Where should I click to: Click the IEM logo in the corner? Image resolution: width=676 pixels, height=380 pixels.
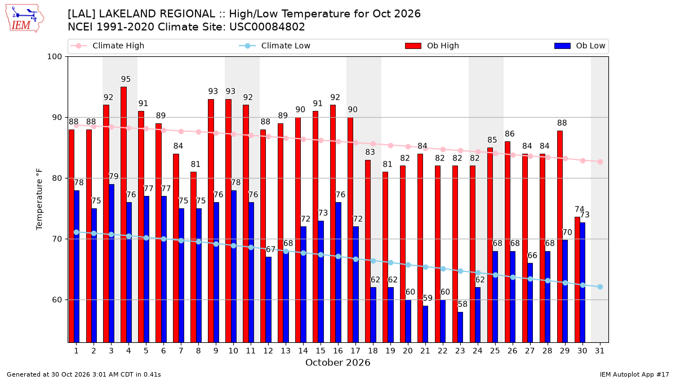tap(24, 19)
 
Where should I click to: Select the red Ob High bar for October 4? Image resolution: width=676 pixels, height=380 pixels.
tap(123, 214)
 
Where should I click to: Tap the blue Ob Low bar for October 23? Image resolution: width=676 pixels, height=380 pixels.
tap(460, 327)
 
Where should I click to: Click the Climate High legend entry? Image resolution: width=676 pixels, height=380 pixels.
tap(108, 46)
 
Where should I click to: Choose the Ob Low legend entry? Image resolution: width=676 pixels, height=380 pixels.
tap(580, 46)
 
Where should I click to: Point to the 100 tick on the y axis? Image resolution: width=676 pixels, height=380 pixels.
tap(54, 57)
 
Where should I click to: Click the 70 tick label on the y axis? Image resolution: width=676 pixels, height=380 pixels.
tap(56, 239)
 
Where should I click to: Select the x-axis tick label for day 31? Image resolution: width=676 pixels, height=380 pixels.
tap(599, 351)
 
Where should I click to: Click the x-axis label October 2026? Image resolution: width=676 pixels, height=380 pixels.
tap(337, 363)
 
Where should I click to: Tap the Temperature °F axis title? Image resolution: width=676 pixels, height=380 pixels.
tap(39, 199)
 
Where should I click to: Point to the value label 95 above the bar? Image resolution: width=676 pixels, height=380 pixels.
tap(126, 79)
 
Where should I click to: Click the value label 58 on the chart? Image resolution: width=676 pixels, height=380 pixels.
tap(462, 304)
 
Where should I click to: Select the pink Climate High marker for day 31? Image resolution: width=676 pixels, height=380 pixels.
tap(600, 162)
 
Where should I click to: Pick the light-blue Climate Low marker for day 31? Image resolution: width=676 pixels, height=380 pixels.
tap(600, 287)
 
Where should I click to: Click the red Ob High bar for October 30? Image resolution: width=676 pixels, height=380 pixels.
tap(577, 280)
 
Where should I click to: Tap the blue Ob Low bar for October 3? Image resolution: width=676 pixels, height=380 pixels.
tap(112, 263)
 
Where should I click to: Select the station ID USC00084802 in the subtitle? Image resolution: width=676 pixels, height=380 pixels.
tap(267, 27)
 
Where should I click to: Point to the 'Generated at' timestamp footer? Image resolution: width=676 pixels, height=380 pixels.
tap(83, 374)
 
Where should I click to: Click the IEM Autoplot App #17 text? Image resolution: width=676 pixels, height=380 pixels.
tap(634, 374)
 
